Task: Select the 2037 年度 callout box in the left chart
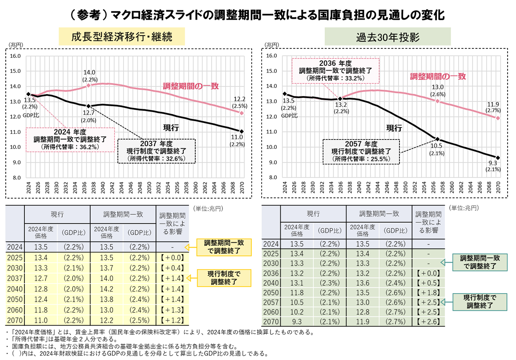tap(156, 151)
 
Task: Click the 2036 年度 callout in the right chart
tap(335, 70)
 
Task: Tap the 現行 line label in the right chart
tap(394, 128)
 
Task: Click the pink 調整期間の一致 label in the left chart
tap(190, 86)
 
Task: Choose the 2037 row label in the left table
tap(15, 279)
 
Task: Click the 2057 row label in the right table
tap(270, 302)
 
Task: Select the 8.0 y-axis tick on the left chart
tap(15, 177)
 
